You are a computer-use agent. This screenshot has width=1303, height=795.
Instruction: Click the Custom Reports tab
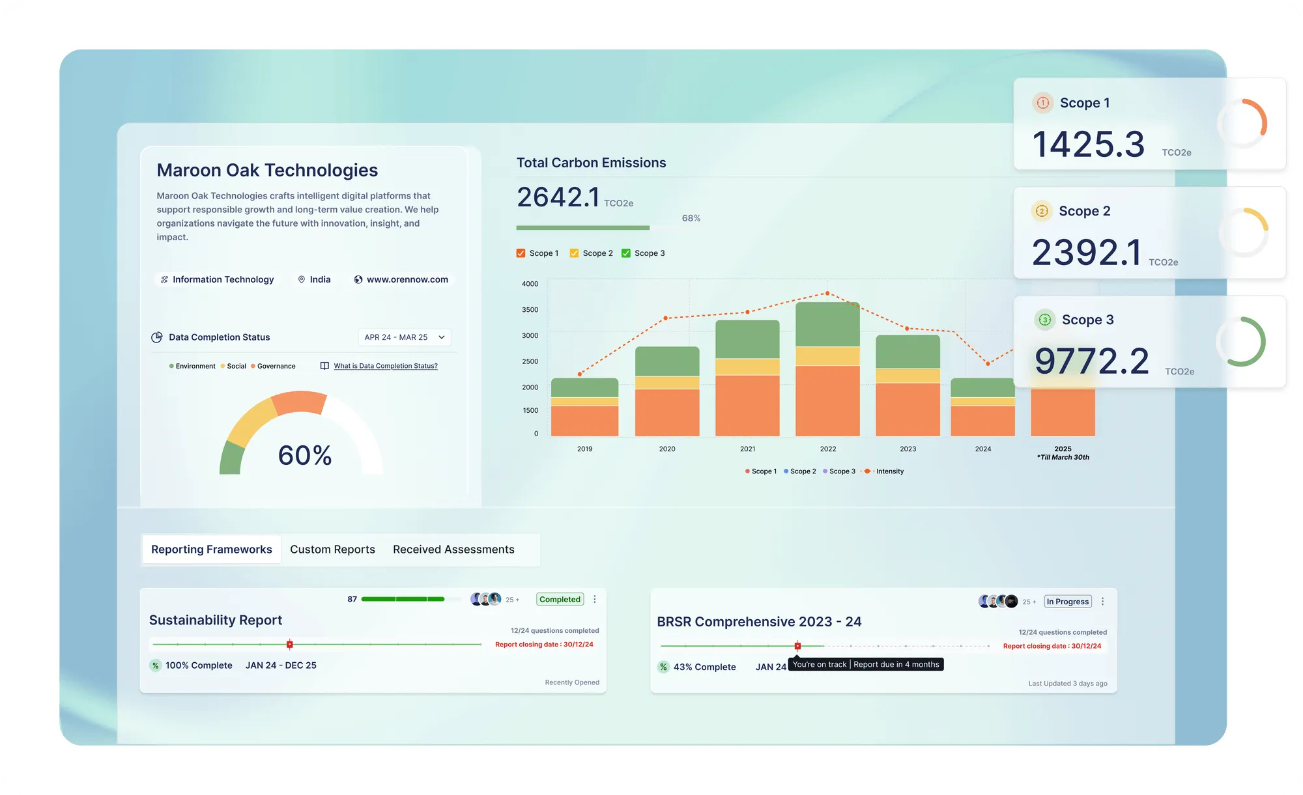coord(332,550)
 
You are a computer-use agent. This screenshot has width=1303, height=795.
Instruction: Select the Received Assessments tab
coord(453,550)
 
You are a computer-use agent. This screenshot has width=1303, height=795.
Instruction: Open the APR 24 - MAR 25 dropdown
coord(404,337)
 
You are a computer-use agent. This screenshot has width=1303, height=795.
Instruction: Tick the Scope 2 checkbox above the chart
coord(574,253)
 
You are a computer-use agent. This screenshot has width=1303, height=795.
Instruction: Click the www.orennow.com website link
coord(407,279)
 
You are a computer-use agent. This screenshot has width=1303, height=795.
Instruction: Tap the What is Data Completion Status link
coord(386,366)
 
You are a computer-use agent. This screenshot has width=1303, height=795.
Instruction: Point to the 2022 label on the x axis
coord(827,449)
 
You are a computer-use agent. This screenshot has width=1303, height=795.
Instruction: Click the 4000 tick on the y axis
coord(530,284)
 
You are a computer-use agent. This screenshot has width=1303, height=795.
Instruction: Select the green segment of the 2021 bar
coord(747,339)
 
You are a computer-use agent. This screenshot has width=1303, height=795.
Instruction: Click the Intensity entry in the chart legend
coord(889,471)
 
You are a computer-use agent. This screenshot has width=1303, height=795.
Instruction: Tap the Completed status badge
coord(560,600)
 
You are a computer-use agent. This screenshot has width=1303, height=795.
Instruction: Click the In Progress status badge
coord(1067,602)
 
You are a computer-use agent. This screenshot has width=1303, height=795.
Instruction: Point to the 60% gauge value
coord(305,455)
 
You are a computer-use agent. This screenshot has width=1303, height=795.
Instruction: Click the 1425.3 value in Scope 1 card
coord(1088,144)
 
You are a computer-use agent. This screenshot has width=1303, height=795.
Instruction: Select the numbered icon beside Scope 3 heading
coord(1044,320)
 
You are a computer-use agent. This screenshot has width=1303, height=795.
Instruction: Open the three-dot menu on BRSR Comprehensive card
coord(1102,602)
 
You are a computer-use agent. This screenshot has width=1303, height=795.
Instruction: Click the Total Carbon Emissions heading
coord(591,163)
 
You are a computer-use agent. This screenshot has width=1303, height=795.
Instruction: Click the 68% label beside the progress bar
coord(691,218)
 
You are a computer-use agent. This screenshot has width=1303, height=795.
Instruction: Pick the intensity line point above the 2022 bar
coord(827,294)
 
